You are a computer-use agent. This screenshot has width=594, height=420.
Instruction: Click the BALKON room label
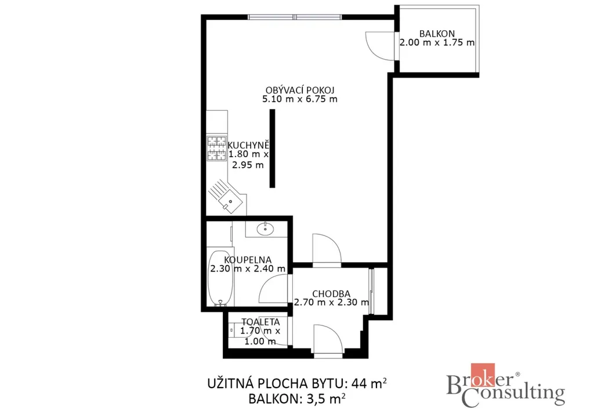(x=437, y=34)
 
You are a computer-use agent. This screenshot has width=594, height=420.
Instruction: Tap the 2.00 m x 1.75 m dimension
(x=437, y=42)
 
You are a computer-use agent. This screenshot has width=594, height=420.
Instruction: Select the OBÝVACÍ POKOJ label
(x=300, y=90)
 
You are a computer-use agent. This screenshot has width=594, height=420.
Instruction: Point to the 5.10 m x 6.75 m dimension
(x=300, y=99)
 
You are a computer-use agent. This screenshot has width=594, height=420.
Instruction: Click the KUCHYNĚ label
(x=248, y=145)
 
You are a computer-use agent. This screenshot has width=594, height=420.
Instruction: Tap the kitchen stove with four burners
(x=217, y=148)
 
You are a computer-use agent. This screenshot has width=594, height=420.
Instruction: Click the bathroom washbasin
(x=265, y=229)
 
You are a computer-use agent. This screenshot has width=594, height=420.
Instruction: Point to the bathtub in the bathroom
(x=220, y=278)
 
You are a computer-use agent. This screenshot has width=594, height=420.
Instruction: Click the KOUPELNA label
(x=248, y=260)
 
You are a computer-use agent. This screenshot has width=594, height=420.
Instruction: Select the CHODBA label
(x=331, y=294)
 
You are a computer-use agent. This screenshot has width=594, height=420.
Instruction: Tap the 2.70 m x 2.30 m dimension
(x=331, y=303)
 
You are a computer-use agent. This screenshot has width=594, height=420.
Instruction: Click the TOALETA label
(x=260, y=322)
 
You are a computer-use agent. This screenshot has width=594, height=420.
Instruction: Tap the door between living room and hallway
(x=327, y=248)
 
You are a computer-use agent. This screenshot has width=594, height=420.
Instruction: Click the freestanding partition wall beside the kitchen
(x=272, y=149)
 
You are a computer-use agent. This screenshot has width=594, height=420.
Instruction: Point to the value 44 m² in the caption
(x=370, y=383)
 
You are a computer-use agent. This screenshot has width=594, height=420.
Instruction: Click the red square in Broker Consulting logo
(x=483, y=375)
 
